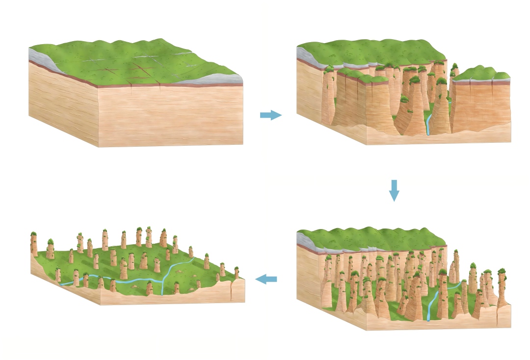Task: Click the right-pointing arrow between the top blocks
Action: click(271, 115)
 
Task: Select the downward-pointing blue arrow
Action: click(394, 190)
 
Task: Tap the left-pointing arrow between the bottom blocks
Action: click(266, 279)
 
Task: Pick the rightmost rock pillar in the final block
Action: click(237, 272)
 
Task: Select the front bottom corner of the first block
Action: click(99, 146)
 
